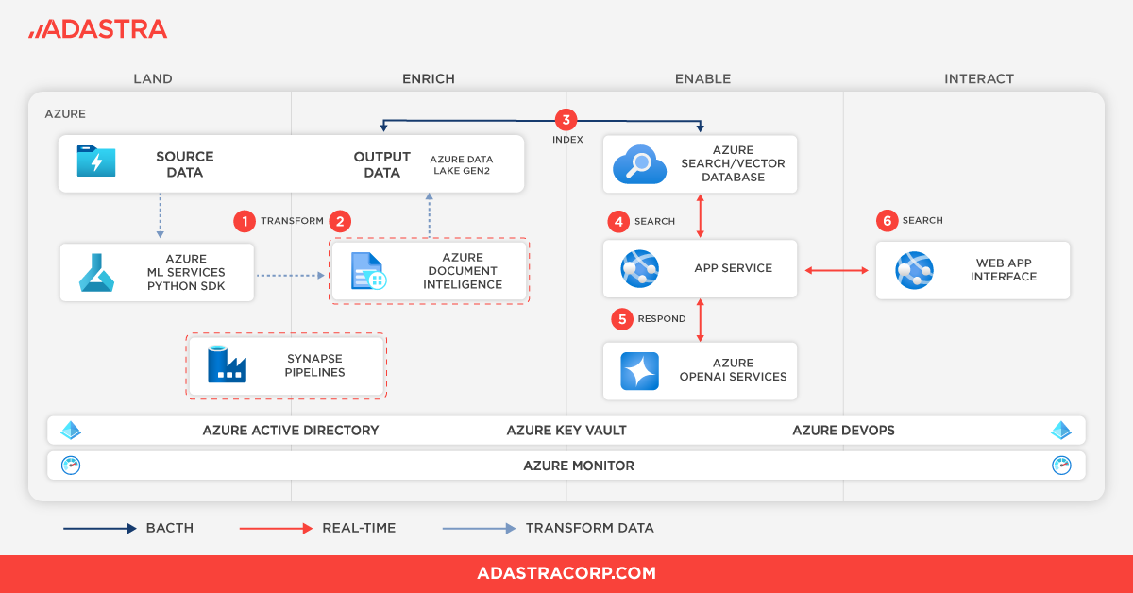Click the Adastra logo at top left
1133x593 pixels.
97,29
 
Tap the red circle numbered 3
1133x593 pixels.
566,120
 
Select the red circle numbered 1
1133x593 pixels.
245,221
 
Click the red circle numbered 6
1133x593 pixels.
886,220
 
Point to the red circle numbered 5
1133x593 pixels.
621,319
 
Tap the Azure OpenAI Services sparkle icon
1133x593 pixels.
639,370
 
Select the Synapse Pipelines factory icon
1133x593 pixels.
227,364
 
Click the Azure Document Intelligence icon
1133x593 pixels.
368,271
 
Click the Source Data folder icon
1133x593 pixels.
96,161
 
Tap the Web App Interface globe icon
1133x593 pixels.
913,270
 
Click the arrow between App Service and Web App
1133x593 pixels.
836,271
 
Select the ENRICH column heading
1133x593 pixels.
428,79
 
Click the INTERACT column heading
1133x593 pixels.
978,79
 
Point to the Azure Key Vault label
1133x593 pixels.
566,431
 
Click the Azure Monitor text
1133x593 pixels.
578,466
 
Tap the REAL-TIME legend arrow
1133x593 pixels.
276,529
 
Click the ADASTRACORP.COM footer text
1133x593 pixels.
566,573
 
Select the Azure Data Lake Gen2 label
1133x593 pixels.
463,164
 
